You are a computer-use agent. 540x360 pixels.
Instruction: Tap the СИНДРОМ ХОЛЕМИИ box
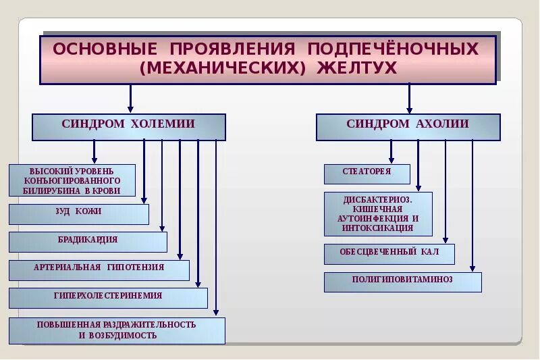point(128,126)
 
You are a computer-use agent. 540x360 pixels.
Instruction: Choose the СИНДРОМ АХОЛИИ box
point(408,126)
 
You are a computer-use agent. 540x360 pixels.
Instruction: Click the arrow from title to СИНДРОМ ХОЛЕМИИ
point(130,99)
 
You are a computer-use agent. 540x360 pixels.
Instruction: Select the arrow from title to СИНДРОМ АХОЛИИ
point(409,99)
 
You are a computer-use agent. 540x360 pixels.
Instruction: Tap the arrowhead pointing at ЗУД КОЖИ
point(144,200)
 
